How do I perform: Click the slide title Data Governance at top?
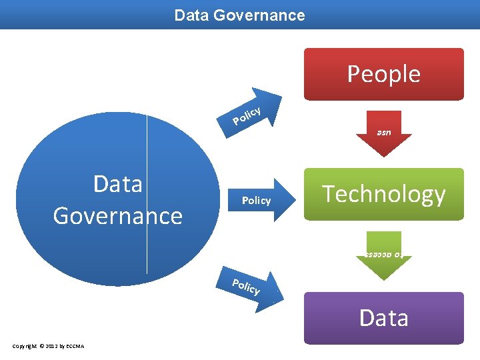pyautogui.click(x=239, y=15)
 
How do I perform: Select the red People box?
pyautogui.click(x=383, y=74)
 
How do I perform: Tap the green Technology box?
pyautogui.click(x=383, y=194)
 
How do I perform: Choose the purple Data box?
pyautogui.click(x=383, y=318)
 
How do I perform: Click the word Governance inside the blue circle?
pyautogui.click(x=118, y=216)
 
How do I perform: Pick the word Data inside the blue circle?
pyautogui.click(x=118, y=183)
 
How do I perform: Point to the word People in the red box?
pyautogui.click(x=383, y=74)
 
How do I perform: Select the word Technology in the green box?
pyautogui.click(x=383, y=194)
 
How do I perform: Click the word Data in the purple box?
pyautogui.click(x=383, y=318)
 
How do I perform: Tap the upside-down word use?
pyautogui.click(x=383, y=133)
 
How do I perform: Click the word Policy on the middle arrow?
pyautogui.click(x=256, y=201)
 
